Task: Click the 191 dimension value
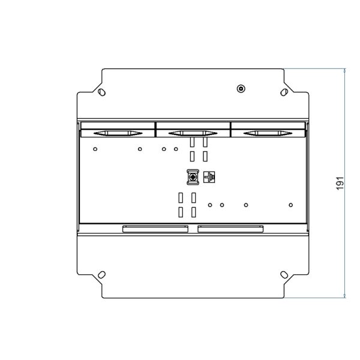(x=340, y=183)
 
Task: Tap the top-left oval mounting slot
(x=102, y=92)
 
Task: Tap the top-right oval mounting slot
(x=284, y=92)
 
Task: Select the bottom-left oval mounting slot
(x=102, y=275)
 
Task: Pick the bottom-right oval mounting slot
(x=284, y=275)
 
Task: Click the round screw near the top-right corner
(x=241, y=89)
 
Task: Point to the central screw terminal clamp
(x=193, y=177)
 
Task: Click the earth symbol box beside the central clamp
(x=209, y=177)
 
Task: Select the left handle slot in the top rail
(x=118, y=133)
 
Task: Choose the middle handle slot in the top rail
(x=193, y=133)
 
